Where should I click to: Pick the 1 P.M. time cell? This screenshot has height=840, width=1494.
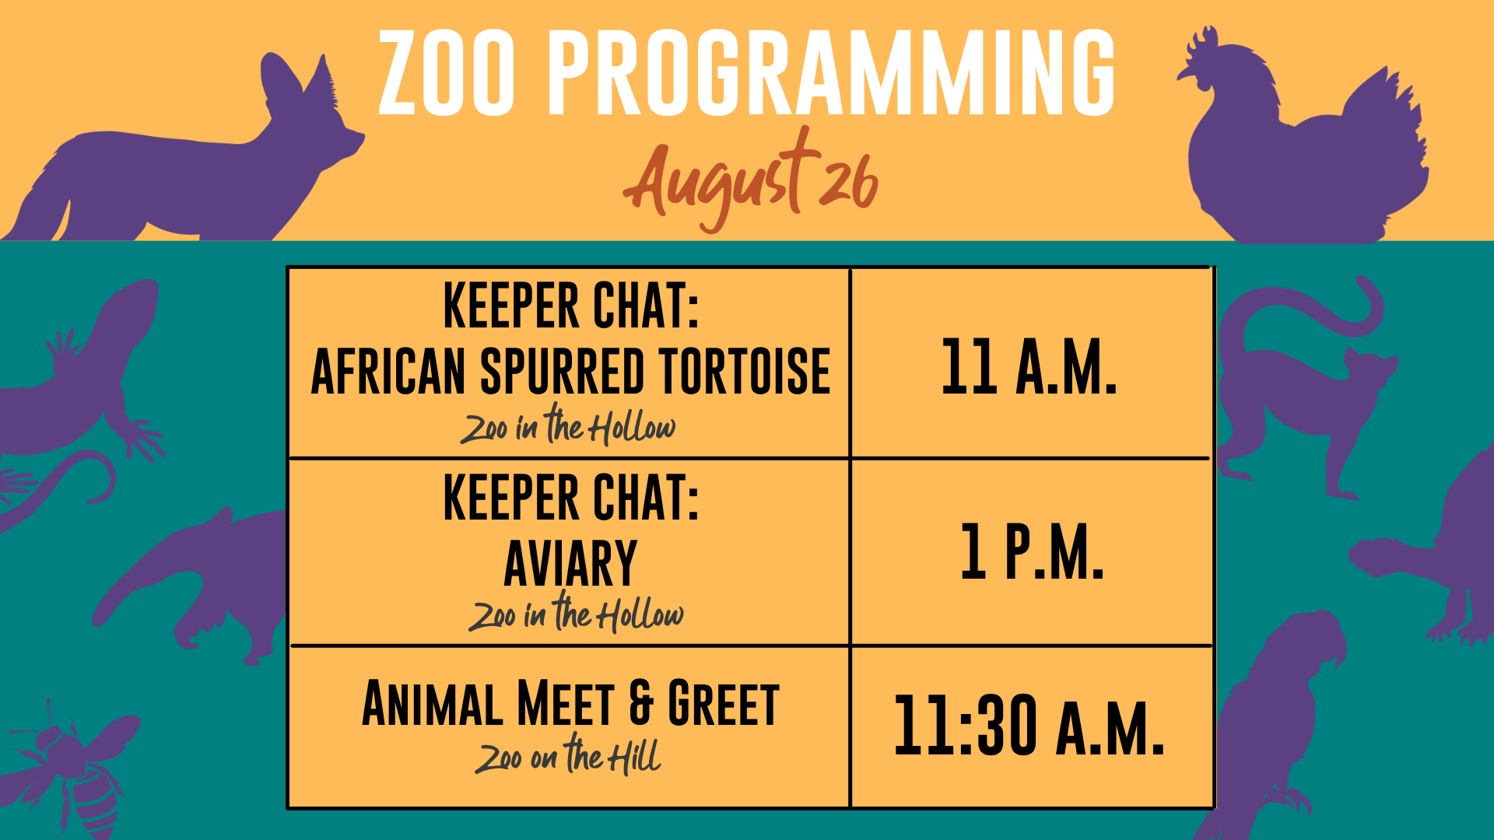point(1032,551)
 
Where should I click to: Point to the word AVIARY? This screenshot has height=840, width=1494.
point(570,563)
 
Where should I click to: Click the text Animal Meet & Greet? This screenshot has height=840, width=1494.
point(570,704)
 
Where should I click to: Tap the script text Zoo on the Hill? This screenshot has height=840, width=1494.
point(569,755)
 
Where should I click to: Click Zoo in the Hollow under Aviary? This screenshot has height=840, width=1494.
point(576,613)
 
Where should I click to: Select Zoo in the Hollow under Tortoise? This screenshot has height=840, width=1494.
point(568,425)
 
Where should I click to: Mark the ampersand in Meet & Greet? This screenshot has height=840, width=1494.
point(641,704)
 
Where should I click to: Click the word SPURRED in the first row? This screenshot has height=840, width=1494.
point(562,371)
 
